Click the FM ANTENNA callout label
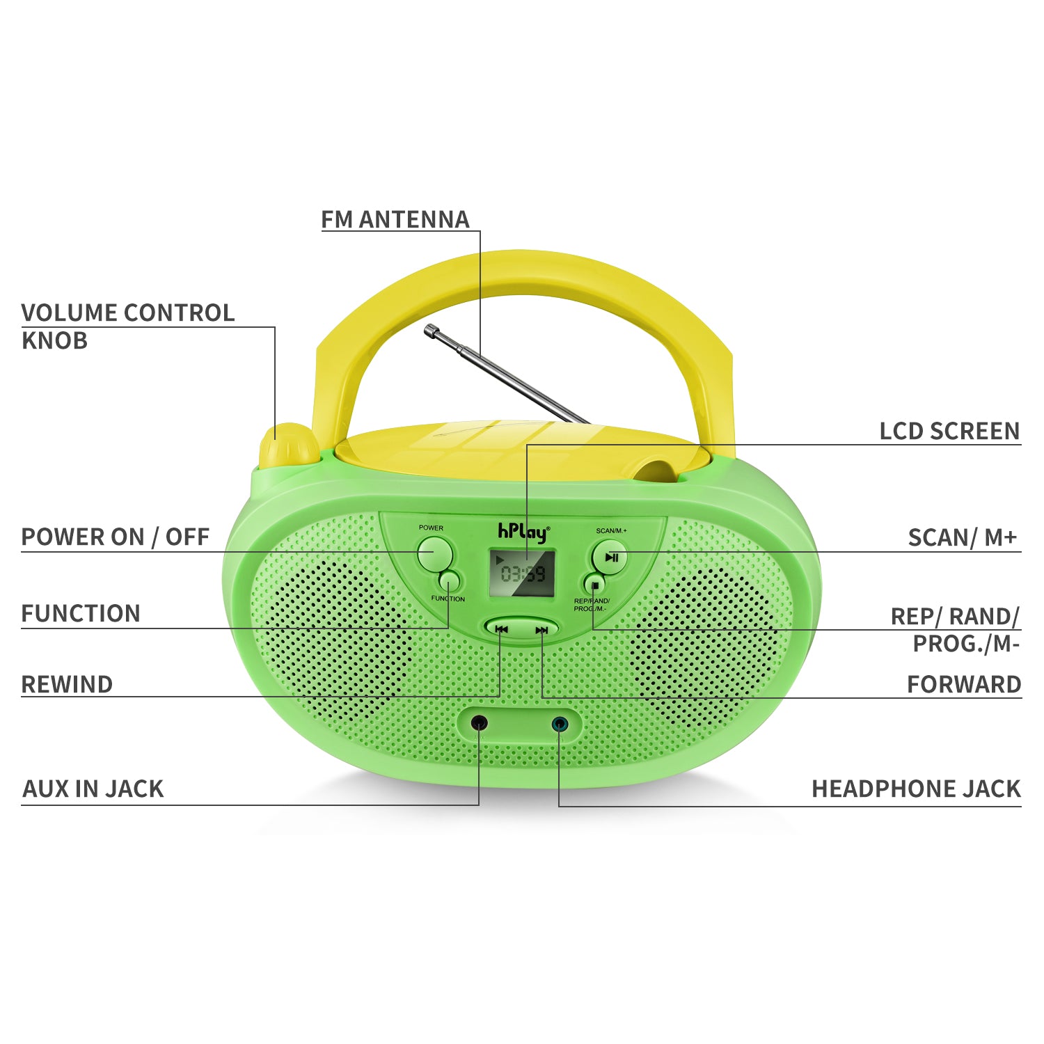click(x=395, y=219)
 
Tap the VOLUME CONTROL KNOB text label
click(x=127, y=326)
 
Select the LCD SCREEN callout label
click(x=949, y=431)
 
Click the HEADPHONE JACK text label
click(x=915, y=789)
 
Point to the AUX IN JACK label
click(x=93, y=789)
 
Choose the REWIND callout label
click(x=67, y=684)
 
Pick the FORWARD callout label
click(x=963, y=684)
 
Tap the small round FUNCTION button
click(x=450, y=580)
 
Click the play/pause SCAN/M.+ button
click(x=610, y=557)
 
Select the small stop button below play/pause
click(x=594, y=583)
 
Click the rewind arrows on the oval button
click(x=501, y=629)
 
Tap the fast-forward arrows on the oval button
click(x=541, y=630)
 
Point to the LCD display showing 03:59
click(x=522, y=573)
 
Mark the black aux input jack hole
click(x=479, y=722)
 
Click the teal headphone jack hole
click(x=559, y=724)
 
